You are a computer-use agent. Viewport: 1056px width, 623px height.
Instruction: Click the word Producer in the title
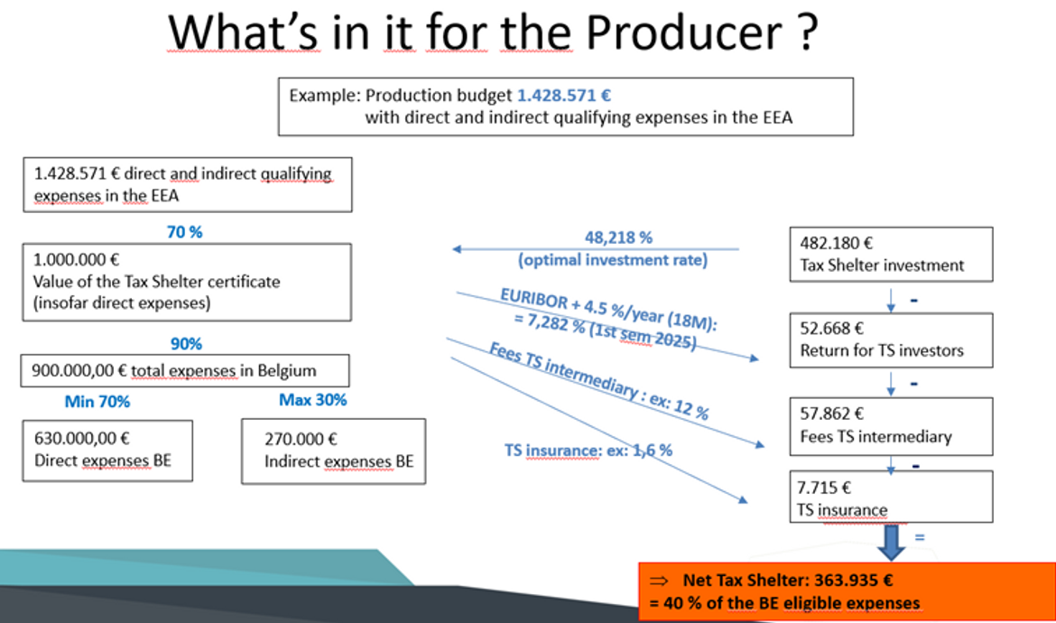point(683,32)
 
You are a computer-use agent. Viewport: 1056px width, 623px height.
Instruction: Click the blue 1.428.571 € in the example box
point(564,96)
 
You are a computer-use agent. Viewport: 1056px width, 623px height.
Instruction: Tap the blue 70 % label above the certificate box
point(184,232)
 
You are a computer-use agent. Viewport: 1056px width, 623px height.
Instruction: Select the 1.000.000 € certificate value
point(76,259)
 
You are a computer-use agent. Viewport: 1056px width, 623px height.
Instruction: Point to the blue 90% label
point(186,343)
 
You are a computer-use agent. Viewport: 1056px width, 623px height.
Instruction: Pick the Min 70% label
point(97,402)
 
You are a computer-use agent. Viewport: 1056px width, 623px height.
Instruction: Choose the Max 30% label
point(312,400)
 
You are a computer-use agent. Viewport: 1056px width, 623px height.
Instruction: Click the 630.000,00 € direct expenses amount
point(81,439)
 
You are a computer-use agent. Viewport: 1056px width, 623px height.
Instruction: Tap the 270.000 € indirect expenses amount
point(301,439)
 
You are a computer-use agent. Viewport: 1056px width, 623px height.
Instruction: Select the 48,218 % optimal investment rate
point(618,237)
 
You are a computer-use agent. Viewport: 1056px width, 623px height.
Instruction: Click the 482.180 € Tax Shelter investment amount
point(836,243)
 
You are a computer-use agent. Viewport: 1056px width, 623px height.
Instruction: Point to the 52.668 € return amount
point(832,328)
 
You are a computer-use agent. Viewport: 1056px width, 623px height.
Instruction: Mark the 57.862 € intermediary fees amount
point(832,414)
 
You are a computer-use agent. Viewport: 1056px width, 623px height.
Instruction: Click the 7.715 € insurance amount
point(824,487)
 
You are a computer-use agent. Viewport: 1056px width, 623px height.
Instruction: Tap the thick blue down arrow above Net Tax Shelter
point(891,542)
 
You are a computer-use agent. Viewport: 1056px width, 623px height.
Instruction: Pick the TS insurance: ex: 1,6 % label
point(588,450)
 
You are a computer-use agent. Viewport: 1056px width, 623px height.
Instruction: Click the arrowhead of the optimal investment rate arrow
point(456,249)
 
